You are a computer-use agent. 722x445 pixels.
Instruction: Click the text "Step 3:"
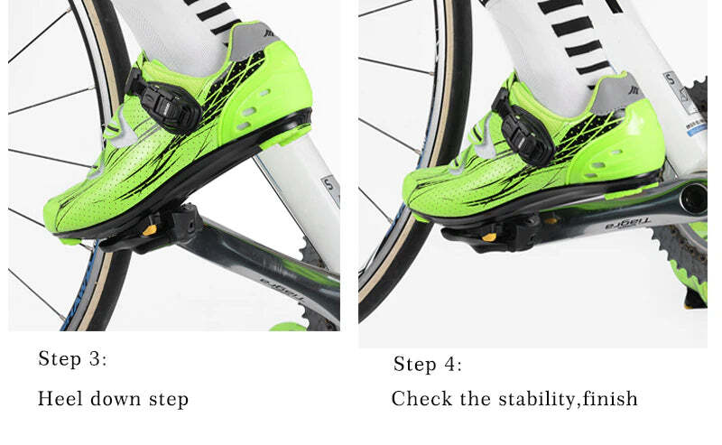(x=72, y=359)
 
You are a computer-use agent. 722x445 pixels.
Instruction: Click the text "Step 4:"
(x=428, y=365)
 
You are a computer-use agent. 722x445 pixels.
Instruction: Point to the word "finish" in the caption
(x=609, y=398)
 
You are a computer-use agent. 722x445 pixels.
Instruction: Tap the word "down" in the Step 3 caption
(x=115, y=398)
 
